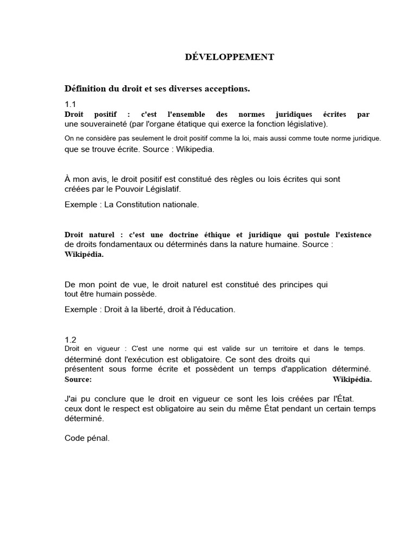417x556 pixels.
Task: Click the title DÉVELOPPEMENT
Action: [x=227, y=57]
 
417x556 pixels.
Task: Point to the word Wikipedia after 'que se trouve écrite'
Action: [x=195, y=149]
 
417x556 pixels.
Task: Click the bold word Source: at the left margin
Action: [x=78, y=380]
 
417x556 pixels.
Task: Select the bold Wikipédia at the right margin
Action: [x=352, y=380]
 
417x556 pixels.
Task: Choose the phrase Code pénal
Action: [x=87, y=438]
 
